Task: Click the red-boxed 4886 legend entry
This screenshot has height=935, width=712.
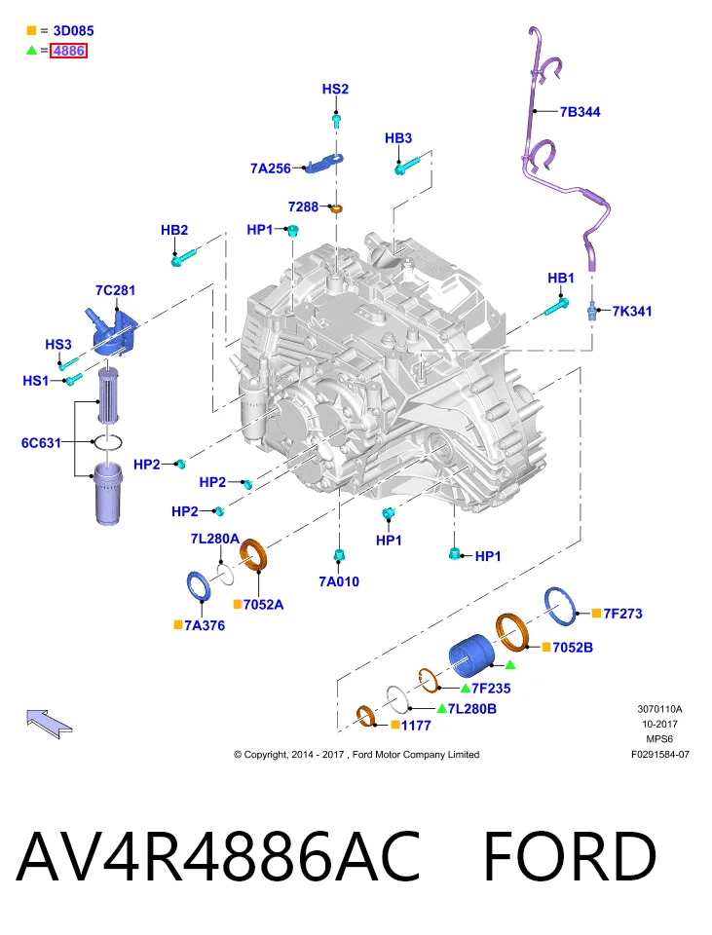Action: pyautogui.click(x=68, y=51)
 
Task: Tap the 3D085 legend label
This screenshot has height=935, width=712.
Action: pyautogui.click(x=73, y=30)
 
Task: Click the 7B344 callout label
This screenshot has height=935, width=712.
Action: pyautogui.click(x=580, y=111)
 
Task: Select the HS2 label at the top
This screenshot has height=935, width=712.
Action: pyautogui.click(x=335, y=89)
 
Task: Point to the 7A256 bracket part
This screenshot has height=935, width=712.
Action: pyautogui.click(x=325, y=163)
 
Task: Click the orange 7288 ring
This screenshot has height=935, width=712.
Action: pyautogui.click(x=337, y=208)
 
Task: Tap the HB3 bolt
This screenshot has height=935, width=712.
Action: pyautogui.click(x=407, y=164)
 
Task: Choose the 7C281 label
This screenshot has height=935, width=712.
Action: pyautogui.click(x=115, y=290)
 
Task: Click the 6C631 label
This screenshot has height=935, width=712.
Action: pyautogui.click(x=41, y=442)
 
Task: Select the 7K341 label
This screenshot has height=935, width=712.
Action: pyautogui.click(x=632, y=311)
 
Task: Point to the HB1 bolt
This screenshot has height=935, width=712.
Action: pyautogui.click(x=556, y=308)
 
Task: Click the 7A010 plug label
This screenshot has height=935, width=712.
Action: pyautogui.click(x=339, y=581)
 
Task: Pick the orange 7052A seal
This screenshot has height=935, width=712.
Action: pyautogui.click(x=253, y=554)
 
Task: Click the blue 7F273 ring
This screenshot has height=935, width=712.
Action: pyautogui.click(x=560, y=606)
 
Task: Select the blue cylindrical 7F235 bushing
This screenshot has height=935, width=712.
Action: pyautogui.click(x=471, y=654)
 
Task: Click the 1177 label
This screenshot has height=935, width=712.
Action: pyautogui.click(x=416, y=725)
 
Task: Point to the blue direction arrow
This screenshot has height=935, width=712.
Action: pyautogui.click(x=49, y=723)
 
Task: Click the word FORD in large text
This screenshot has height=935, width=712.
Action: pyautogui.click(x=570, y=856)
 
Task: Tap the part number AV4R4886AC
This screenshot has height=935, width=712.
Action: pyautogui.click(x=218, y=856)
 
